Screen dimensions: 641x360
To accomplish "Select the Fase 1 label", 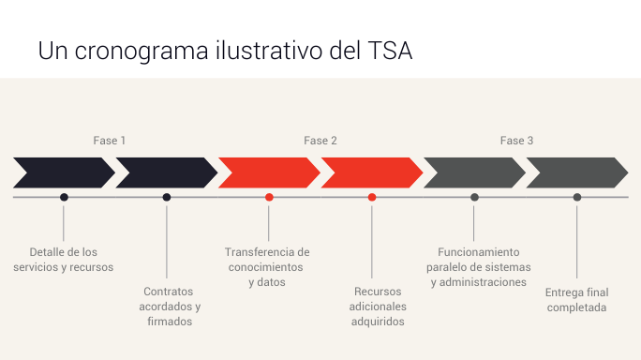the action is [109, 141].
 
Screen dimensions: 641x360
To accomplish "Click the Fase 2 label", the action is [320, 141].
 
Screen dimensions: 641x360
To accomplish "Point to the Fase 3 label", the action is [516, 141].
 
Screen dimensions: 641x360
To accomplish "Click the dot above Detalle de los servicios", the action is [64, 197].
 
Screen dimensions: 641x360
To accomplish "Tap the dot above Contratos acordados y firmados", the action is [167, 197].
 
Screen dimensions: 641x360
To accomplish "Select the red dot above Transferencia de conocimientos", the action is [269, 197].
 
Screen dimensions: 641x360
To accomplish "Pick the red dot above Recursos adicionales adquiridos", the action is [372, 197].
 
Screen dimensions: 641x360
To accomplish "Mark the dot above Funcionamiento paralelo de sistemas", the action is [474, 197].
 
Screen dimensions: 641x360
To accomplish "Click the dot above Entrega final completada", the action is [577, 197].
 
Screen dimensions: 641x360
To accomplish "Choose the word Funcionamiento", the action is [479, 252].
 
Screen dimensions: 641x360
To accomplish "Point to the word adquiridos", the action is [378, 322].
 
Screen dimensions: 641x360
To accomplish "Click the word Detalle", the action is [47, 252].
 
